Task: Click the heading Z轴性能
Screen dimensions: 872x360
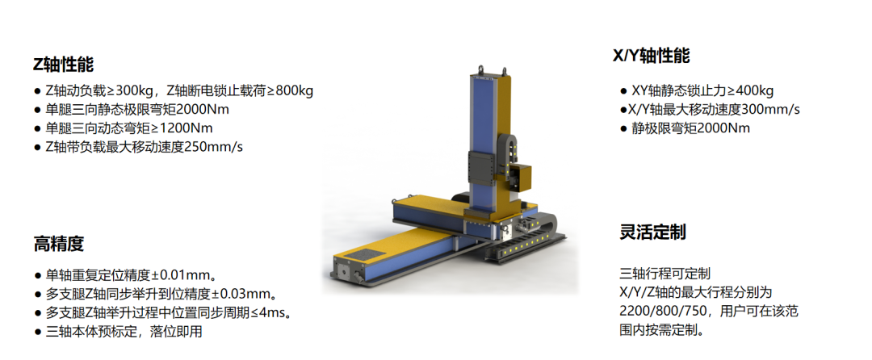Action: pos(64,65)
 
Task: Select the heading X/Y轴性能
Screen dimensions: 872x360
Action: pos(652,57)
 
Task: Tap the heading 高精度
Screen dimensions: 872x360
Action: pos(58,244)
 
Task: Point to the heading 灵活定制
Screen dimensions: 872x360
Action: pos(653,232)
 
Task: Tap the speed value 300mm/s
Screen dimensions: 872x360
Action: pos(773,110)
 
